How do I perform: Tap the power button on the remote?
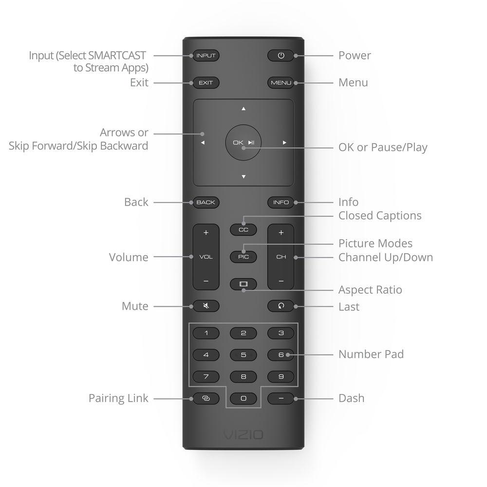pyautogui.click(x=281, y=56)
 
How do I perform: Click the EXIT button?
pyautogui.click(x=206, y=83)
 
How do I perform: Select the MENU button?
pyautogui.click(x=281, y=83)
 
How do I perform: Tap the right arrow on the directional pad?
pyautogui.click(x=284, y=143)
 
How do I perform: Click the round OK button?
pyautogui.click(x=243, y=143)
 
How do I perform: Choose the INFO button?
pyautogui.click(x=281, y=202)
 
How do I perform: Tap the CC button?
pyautogui.click(x=243, y=229)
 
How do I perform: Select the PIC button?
pyautogui.click(x=243, y=257)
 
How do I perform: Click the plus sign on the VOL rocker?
pyautogui.click(x=206, y=233)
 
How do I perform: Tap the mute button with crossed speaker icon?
pyautogui.click(x=206, y=306)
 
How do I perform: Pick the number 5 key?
pyautogui.click(x=243, y=355)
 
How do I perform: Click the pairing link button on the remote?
pyautogui.click(x=206, y=398)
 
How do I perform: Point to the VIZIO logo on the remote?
pyautogui.click(x=243, y=434)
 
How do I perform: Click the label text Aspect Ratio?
pyautogui.click(x=370, y=290)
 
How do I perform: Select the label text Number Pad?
pyautogui.click(x=371, y=355)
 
